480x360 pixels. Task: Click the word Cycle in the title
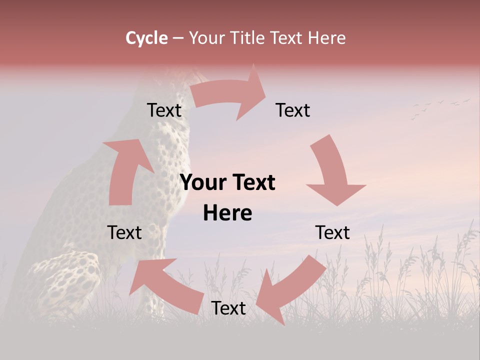146,38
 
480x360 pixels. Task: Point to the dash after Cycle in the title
178,38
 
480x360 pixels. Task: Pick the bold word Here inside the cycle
227,213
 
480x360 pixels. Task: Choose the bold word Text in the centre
252,182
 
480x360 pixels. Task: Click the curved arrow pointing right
230,95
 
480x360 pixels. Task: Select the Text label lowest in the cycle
228,308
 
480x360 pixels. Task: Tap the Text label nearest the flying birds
293,110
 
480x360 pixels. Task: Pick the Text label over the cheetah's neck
164,110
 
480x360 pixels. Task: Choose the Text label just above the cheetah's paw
125,232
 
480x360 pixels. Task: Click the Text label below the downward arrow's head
332,232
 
